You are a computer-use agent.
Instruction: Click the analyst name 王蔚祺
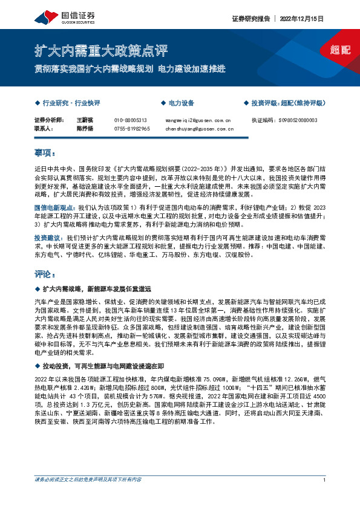(84, 120)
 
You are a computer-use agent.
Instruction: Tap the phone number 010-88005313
(131, 120)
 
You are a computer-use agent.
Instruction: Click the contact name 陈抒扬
(84, 128)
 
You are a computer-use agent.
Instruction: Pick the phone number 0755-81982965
(132, 128)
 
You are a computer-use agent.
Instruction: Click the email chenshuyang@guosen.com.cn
(199, 128)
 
